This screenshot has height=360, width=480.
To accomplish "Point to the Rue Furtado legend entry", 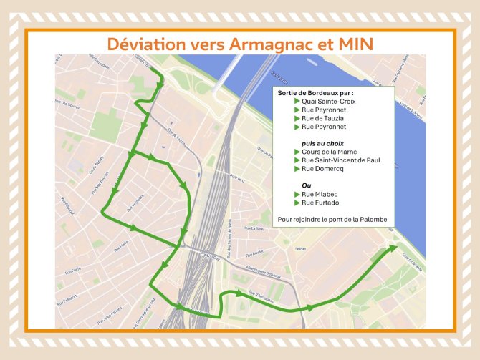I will click(320, 203).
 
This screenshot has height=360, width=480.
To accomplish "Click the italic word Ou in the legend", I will click(307, 185).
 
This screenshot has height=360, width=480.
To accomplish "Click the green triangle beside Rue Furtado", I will click(297, 203).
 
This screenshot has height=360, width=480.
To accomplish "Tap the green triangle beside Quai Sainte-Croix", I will click(297, 102).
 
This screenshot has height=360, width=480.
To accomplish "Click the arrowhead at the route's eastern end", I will click(393, 248).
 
